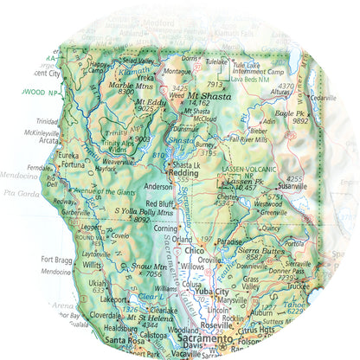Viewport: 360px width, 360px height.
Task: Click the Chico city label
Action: (x=195, y=250)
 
